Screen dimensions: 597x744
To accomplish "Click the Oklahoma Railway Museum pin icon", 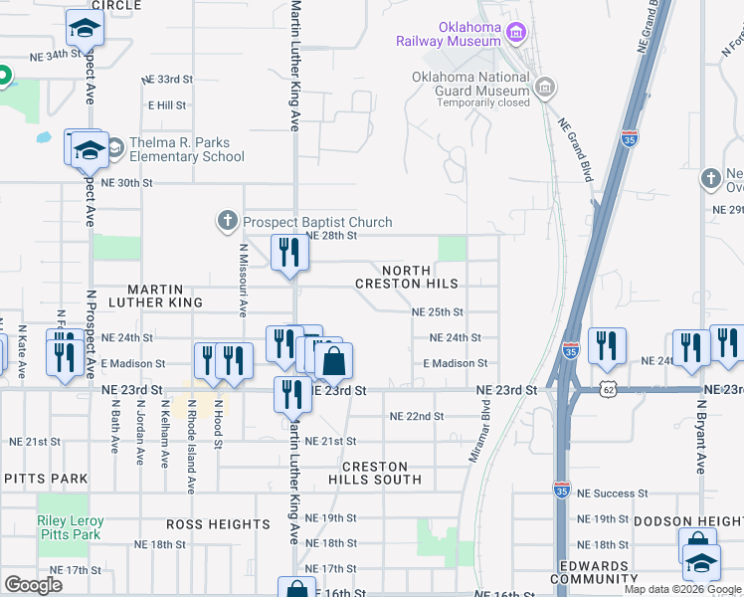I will (x=516, y=34).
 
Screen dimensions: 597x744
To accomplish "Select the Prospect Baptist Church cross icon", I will (x=227, y=222).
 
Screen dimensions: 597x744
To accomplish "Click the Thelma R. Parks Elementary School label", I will (x=174, y=149).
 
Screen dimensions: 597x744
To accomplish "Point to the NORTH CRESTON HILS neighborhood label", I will (x=407, y=277).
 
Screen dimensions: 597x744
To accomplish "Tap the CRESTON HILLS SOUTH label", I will (x=375, y=473).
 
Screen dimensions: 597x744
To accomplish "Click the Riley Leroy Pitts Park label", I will (x=69, y=527).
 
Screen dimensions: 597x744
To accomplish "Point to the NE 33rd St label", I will (x=166, y=79).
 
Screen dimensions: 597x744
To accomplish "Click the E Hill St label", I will (x=168, y=104).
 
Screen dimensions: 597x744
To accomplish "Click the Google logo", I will (x=34, y=585).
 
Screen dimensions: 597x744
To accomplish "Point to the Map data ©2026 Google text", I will (x=681, y=589).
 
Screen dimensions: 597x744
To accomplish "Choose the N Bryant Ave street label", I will (x=702, y=438).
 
